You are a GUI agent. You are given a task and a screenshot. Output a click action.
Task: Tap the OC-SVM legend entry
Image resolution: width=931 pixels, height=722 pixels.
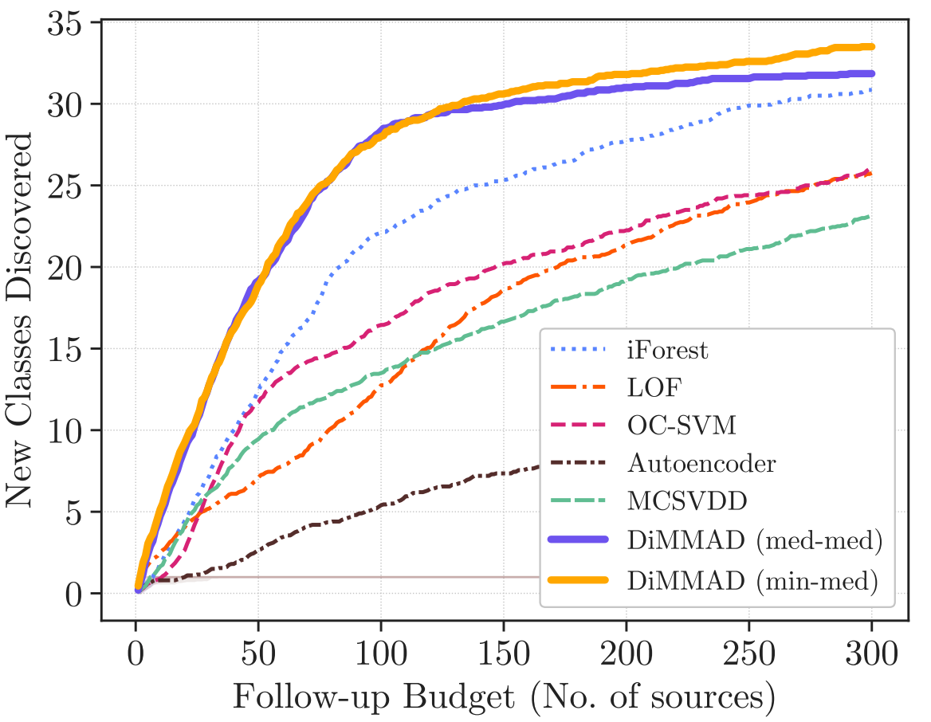click(x=682, y=426)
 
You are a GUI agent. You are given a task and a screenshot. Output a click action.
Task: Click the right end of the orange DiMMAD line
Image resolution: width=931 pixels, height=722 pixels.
click(x=871, y=47)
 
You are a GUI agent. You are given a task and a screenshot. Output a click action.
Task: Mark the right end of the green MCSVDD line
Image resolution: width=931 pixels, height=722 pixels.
click(x=870, y=216)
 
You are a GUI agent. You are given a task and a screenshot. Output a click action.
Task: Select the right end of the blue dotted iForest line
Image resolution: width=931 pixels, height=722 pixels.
click(x=871, y=89)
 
